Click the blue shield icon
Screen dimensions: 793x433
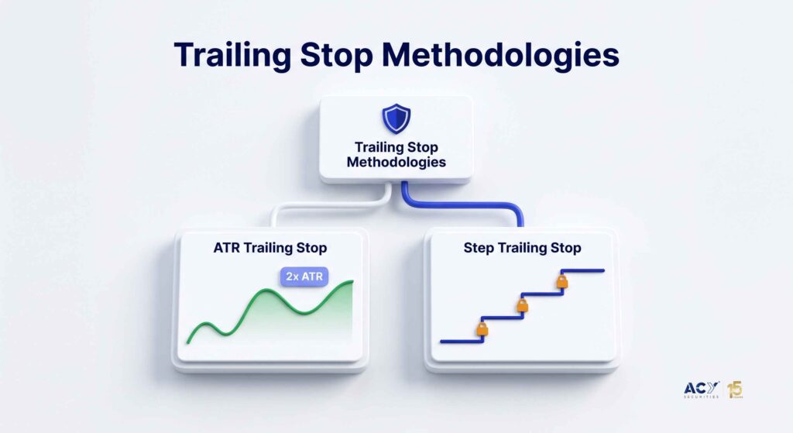[x=396, y=119]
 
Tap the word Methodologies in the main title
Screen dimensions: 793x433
[x=500, y=55]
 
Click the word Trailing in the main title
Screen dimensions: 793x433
[x=232, y=55]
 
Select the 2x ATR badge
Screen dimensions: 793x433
[x=304, y=277]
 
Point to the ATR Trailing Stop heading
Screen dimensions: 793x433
[x=270, y=248]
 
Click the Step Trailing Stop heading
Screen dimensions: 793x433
[x=523, y=248]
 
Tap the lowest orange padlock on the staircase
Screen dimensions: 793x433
[x=482, y=329]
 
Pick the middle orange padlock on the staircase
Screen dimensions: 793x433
[x=523, y=305]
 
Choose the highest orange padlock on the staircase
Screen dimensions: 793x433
[x=562, y=281]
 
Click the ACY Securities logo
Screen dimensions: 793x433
[x=701, y=390]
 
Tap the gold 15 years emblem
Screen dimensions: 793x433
[x=736, y=390]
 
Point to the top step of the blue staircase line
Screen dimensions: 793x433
[x=583, y=270]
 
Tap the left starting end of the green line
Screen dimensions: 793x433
[x=188, y=342]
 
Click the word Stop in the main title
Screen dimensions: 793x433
[x=336, y=55]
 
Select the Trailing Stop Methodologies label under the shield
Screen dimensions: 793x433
[x=396, y=154]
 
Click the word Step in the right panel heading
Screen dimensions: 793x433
[x=479, y=248]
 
